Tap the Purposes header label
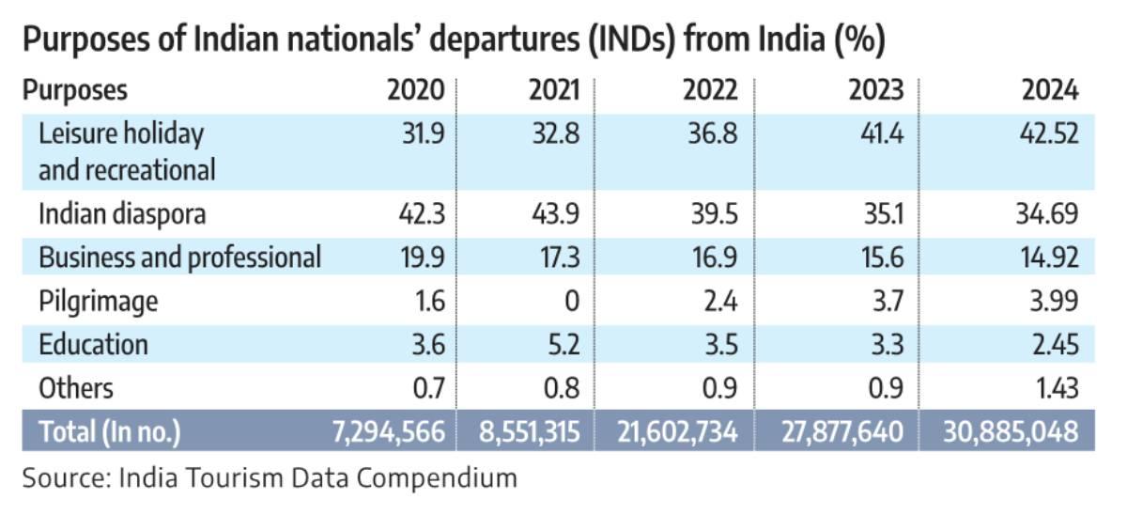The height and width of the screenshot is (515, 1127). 75,91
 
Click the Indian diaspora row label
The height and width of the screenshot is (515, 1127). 122,214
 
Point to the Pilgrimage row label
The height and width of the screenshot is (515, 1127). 99,301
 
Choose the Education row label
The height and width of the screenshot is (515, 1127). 93,344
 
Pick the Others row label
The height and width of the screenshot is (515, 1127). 76,387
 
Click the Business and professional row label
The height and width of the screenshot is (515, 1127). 179,257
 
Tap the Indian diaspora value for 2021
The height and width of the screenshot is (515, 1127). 556,214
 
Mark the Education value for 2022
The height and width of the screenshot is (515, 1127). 718,344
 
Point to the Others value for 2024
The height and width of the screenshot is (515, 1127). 1052,387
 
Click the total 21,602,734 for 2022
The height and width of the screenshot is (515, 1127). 678,432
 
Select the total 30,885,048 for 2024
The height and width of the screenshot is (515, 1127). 1011,432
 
